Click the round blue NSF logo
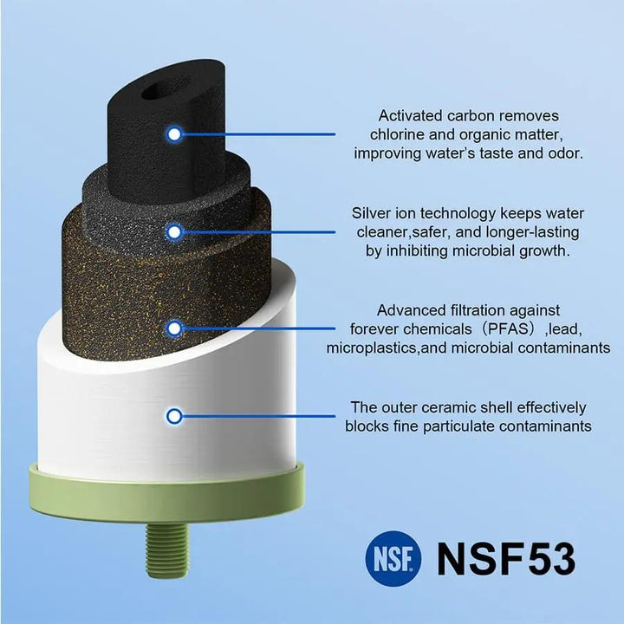pyautogui.click(x=393, y=558)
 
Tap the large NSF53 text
pyautogui.click(x=506, y=559)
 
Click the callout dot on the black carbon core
pyautogui.click(x=174, y=134)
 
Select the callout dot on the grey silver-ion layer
pyautogui.click(x=174, y=232)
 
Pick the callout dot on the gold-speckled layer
pyautogui.click(x=174, y=328)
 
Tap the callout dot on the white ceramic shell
pyautogui.click(x=174, y=417)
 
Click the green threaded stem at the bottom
pyautogui.click(x=167, y=549)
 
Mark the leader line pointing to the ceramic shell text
pyautogui.click(x=258, y=416)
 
